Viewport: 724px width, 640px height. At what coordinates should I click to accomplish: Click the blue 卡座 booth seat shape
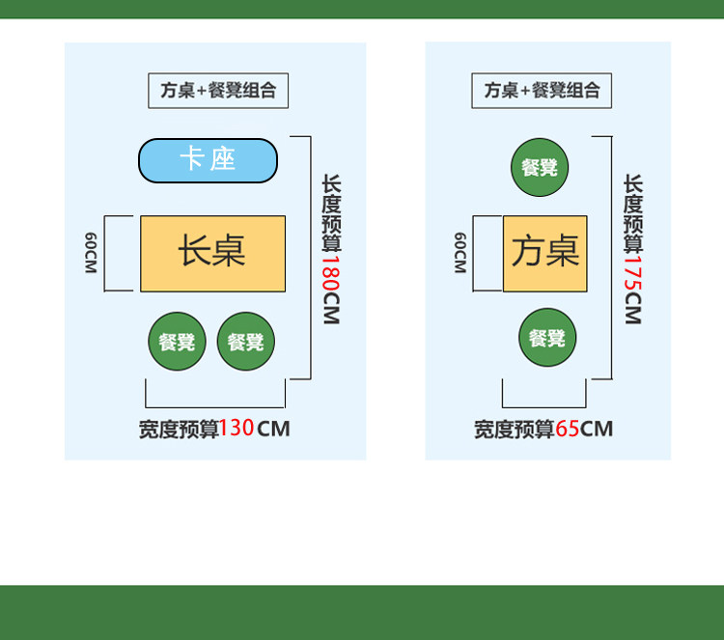pyautogui.click(x=208, y=160)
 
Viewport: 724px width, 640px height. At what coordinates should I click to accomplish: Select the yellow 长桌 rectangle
pyautogui.click(x=212, y=253)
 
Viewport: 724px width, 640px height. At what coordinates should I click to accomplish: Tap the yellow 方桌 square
pyautogui.click(x=544, y=253)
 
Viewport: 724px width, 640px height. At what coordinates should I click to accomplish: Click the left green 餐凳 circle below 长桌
pyautogui.click(x=177, y=341)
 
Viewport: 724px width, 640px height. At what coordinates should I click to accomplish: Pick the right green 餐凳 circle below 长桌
pyautogui.click(x=246, y=341)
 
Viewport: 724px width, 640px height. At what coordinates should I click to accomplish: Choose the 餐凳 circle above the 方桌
pyautogui.click(x=540, y=167)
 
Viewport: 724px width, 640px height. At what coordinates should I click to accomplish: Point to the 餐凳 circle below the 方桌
pyautogui.click(x=547, y=338)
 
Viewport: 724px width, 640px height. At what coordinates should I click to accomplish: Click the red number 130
pyautogui.click(x=237, y=428)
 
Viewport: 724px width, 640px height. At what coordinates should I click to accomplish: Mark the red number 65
pyautogui.click(x=567, y=428)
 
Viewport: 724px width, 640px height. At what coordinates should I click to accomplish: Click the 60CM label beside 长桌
pyautogui.click(x=90, y=253)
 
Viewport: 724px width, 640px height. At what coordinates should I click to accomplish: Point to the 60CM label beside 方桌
pyautogui.click(x=460, y=253)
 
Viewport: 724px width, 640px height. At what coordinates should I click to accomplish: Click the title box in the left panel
pyautogui.click(x=218, y=91)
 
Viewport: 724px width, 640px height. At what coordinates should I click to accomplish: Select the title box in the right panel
pyautogui.click(x=542, y=91)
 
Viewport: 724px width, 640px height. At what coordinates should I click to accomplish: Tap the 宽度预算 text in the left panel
pyautogui.click(x=179, y=429)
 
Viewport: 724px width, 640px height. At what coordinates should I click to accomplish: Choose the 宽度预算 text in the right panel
pyautogui.click(x=514, y=429)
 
